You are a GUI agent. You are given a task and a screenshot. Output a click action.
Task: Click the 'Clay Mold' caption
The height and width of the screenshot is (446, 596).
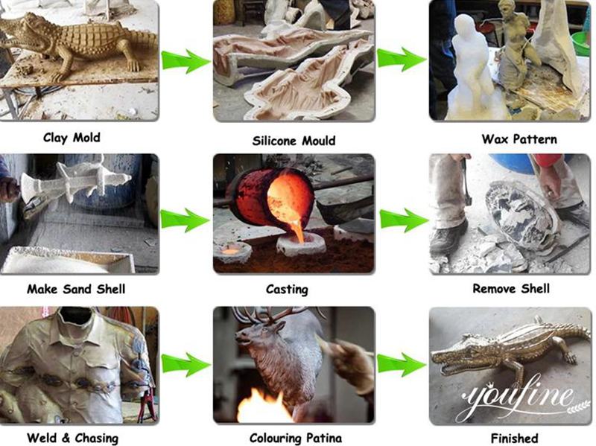pyautogui.click(x=72, y=138)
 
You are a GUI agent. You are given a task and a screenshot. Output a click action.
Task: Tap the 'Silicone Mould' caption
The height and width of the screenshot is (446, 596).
pyautogui.click(x=294, y=141)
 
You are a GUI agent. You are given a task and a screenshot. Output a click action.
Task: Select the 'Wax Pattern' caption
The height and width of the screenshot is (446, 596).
pyautogui.click(x=519, y=139)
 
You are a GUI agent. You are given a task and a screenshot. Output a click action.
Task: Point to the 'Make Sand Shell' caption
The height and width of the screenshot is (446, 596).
pyautogui.click(x=76, y=289)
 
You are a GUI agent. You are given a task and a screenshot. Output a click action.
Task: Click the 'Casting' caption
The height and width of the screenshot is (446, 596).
pyautogui.click(x=287, y=290)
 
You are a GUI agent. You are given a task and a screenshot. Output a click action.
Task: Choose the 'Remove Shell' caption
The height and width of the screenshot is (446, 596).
pyautogui.click(x=511, y=289)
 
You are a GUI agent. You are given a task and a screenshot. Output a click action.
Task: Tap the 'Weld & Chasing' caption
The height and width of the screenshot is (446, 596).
pyautogui.click(x=72, y=438)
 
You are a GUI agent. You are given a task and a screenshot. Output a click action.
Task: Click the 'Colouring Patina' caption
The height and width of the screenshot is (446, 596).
pyautogui.click(x=296, y=438)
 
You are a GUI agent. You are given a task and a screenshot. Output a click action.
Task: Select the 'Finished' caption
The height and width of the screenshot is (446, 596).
pyautogui.click(x=514, y=438)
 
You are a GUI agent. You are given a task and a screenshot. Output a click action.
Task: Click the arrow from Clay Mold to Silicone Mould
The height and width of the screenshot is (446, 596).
pyautogui.click(x=186, y=61)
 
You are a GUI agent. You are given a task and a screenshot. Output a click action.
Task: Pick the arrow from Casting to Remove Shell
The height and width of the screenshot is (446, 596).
pyautogui.click(x=404, y=220)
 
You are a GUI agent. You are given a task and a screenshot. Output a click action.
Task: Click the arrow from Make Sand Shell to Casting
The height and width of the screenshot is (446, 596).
pyautogui.click(x=185, y=220)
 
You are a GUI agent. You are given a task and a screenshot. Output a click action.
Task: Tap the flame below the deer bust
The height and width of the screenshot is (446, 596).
pyautogui.click(x=262, y=407)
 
